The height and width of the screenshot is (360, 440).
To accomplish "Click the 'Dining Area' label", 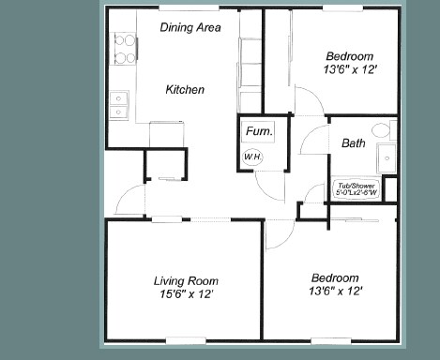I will pyautogui.click(x=190, y=28).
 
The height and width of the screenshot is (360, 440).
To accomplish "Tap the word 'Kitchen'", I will pyautogui.click(x=185, y=90).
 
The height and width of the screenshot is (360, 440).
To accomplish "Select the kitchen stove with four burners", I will pyautogui.click(x=122, y=48).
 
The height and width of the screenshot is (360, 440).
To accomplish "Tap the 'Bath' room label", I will pyautogui.click(x=354, y=143).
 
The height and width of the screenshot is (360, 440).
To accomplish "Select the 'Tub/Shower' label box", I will pyautogui.click(x=356, y=189).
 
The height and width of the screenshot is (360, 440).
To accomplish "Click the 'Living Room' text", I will pyautogui.click(x=185, y=279).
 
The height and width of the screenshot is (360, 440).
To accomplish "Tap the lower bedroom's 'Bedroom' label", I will pyautogui.click(x=335, y=278).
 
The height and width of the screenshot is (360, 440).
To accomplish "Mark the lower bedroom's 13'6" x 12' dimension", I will pyautogui.click(x=335, y=293).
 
